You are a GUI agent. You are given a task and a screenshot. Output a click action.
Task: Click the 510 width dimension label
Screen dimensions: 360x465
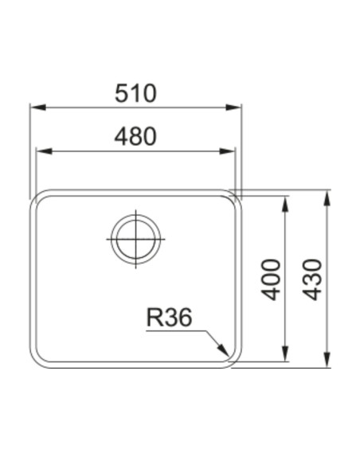135,93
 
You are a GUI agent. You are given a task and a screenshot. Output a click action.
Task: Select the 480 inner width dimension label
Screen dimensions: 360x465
135,137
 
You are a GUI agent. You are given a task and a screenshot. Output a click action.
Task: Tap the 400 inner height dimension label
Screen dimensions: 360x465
271,279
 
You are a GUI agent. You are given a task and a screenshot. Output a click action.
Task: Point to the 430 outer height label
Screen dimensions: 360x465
312,279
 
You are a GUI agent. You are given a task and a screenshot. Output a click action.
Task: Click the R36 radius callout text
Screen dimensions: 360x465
170,317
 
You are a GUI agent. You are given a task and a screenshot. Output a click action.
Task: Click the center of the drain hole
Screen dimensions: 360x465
136,239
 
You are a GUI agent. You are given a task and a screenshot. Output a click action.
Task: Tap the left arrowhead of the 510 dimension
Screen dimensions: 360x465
38,107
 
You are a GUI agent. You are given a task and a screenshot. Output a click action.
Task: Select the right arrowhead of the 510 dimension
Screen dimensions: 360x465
233,107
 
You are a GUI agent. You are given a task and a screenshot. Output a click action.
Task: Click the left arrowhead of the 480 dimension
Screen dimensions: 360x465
44,151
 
